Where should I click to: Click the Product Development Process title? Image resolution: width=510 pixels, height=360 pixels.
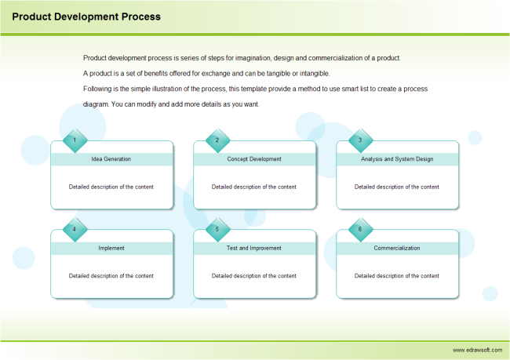(x=86, y=16)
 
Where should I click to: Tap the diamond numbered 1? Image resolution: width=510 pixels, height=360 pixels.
(x=75, y=140)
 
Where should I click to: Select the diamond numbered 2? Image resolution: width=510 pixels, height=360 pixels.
(x=217, y=140)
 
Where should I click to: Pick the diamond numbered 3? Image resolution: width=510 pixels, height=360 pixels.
(x=360, y=140)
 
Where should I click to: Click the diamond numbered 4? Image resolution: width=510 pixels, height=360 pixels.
(x=75, y=230)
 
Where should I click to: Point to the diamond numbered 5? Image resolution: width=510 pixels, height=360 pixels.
(x=217, y=230)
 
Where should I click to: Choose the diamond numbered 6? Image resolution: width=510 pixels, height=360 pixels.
(x=360, y=230)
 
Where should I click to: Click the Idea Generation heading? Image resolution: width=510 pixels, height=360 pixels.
(x=111, y=159)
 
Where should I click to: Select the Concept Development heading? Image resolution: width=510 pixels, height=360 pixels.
(x=254, y=159)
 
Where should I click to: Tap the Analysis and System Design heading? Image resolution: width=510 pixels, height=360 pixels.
(x=397, y=159)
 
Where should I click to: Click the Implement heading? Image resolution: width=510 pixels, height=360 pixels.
(x=111, y=248)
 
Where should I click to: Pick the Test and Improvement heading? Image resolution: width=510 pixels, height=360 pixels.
(x=254, y=248)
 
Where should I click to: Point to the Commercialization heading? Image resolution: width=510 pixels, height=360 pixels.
(x=397, y=248)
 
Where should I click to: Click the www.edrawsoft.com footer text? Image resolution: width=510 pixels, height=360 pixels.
(x=476, y=350)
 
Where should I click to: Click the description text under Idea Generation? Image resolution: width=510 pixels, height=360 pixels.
(x=111, y=187)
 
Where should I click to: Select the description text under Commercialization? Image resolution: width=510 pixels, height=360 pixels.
(x=397, y=276)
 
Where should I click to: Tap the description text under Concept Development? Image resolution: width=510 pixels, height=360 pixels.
(x=254, y=187)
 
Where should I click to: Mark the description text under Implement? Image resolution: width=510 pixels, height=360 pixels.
(x=111, y=276)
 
